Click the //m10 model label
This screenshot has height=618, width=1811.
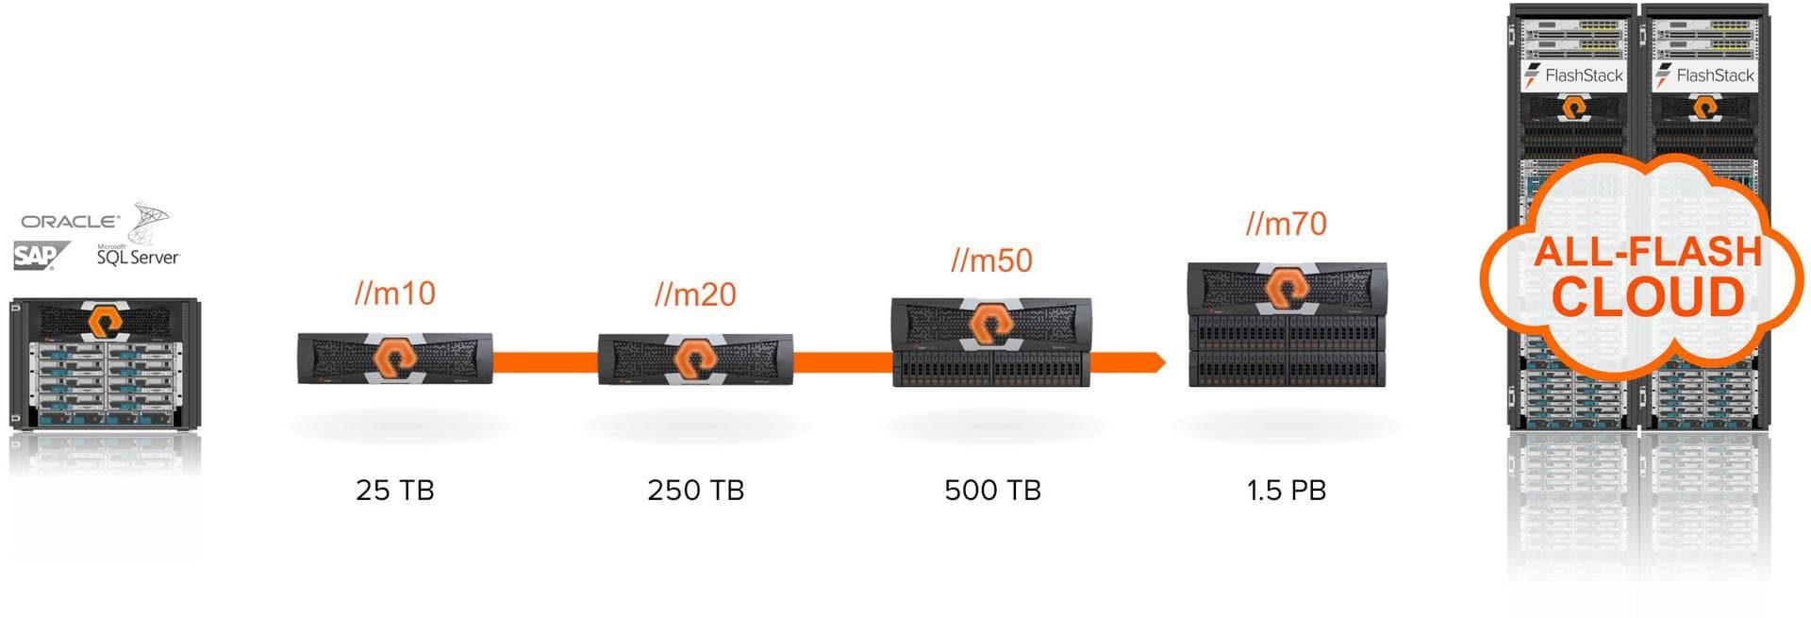pyautogui.click(x=395, y=293)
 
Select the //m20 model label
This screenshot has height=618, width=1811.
pyautogui.click(x=695, y=294)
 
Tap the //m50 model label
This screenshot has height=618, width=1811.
pyautogui.click(x=991, y=260)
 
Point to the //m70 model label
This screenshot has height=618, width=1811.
pyautogui.click(x=1286, y=225)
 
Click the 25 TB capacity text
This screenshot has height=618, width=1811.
pyautogui.click(x=395, y=491)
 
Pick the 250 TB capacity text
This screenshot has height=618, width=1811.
pyautogui.click(x=695, y=491)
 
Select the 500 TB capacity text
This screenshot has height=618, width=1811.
pyautogui.click(x=992, y=491)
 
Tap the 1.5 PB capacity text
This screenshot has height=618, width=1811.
pyautogui.click(x=1287, y=491)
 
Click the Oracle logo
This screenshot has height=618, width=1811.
pyautogui.click(x=71, y=222)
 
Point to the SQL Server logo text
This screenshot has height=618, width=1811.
pyautogui.click(x=138, y=256)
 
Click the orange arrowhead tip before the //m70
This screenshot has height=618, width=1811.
pyautogui.click(x=1160, y=362)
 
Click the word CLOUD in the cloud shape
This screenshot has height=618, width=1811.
pyautogui.click(x=1648, y=297)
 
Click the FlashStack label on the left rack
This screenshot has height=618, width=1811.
pyautogui.click(x=1574, y=75)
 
